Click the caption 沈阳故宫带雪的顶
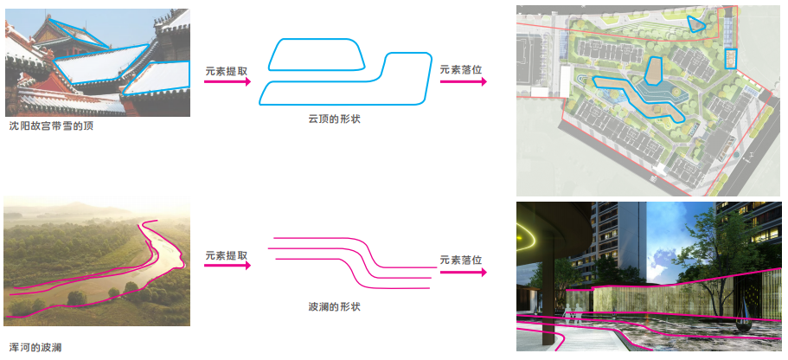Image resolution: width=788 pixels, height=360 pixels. pos(50,126)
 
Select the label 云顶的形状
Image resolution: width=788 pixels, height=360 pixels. pos(334,119)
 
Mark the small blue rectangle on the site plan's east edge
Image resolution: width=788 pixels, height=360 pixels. pos(729,59)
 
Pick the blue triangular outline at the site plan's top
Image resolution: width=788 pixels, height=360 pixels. pos(695,24)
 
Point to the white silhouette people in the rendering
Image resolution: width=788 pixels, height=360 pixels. pos(571,308)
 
